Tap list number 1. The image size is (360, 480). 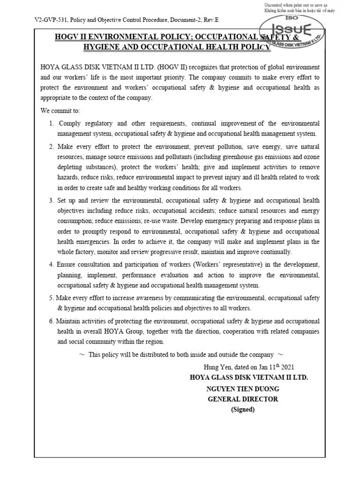click(x=52, y=123)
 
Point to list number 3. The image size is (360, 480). click(x=52, y=201)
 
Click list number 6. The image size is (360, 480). click(x=52, y=321)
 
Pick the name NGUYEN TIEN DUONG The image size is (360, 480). click(x=243, y=389)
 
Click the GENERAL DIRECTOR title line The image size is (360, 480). click(x=243, y=399)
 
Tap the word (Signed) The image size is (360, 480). click(x=243, y=409)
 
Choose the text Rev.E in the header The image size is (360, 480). click(x=211, y=21)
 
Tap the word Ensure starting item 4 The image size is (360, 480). click(x=66, y=264)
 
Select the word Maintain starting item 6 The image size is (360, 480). click(x=68, y=321)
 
